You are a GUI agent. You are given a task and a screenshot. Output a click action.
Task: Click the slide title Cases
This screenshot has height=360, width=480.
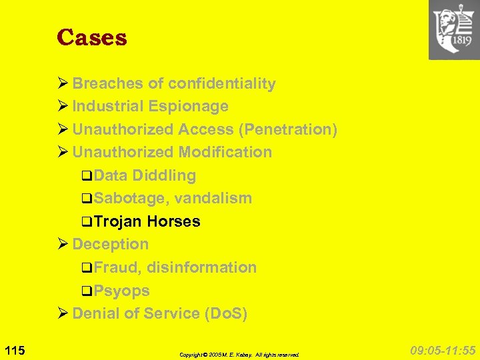[91, 37]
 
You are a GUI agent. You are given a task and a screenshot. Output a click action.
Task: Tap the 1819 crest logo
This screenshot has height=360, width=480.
[454, 31]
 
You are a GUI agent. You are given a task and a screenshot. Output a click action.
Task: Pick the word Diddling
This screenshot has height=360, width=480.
[164, 175]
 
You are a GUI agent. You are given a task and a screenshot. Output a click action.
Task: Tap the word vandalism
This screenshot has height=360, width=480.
[213, 198]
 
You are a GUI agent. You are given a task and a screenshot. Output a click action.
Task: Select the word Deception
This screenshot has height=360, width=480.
[110, 244]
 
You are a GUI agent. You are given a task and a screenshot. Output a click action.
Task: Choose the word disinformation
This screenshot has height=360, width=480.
[201, 267]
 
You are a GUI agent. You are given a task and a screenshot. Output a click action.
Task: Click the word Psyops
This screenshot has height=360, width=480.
[121, 291]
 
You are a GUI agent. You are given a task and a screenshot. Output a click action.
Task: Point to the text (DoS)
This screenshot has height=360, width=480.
[225, 313]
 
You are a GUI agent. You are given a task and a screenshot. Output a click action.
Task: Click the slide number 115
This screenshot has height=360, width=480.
[14, 350]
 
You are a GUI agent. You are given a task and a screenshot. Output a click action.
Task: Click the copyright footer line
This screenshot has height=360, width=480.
[239, 355]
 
